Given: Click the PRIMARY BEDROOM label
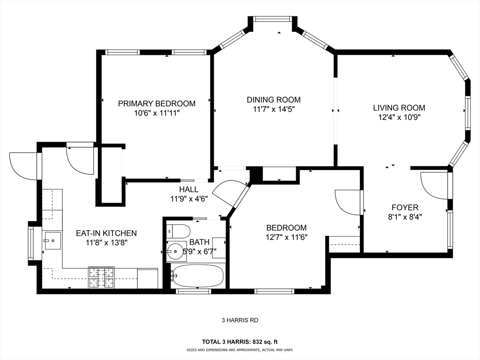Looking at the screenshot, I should pyautogui.click(x=157, y=104).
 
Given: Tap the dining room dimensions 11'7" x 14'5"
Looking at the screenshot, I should pyautogui.click(x=274, y=109).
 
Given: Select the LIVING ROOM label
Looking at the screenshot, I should pyautogui.click(x=399, y=108).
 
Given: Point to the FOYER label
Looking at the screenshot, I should pyautogui.click(x=405, y=207).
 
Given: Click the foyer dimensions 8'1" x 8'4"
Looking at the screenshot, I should pyautogui.click(x=405, y=217).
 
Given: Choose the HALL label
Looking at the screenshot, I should pyautogui.click(x=188, y=189).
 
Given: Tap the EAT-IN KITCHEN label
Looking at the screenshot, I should pyautogui.click(x=106, y=233).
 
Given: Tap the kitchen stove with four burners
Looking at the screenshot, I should pyautogui.click(x=101, y=277).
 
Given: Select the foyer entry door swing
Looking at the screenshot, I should pyautogui.click(x=434, y=185).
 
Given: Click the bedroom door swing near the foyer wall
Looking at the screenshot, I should pyautogui.click(x=348, y=202).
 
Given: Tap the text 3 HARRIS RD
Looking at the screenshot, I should pyautogui.click(x=240, y=321).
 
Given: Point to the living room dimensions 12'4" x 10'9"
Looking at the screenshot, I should pyautogui.click(x=399, y=118).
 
